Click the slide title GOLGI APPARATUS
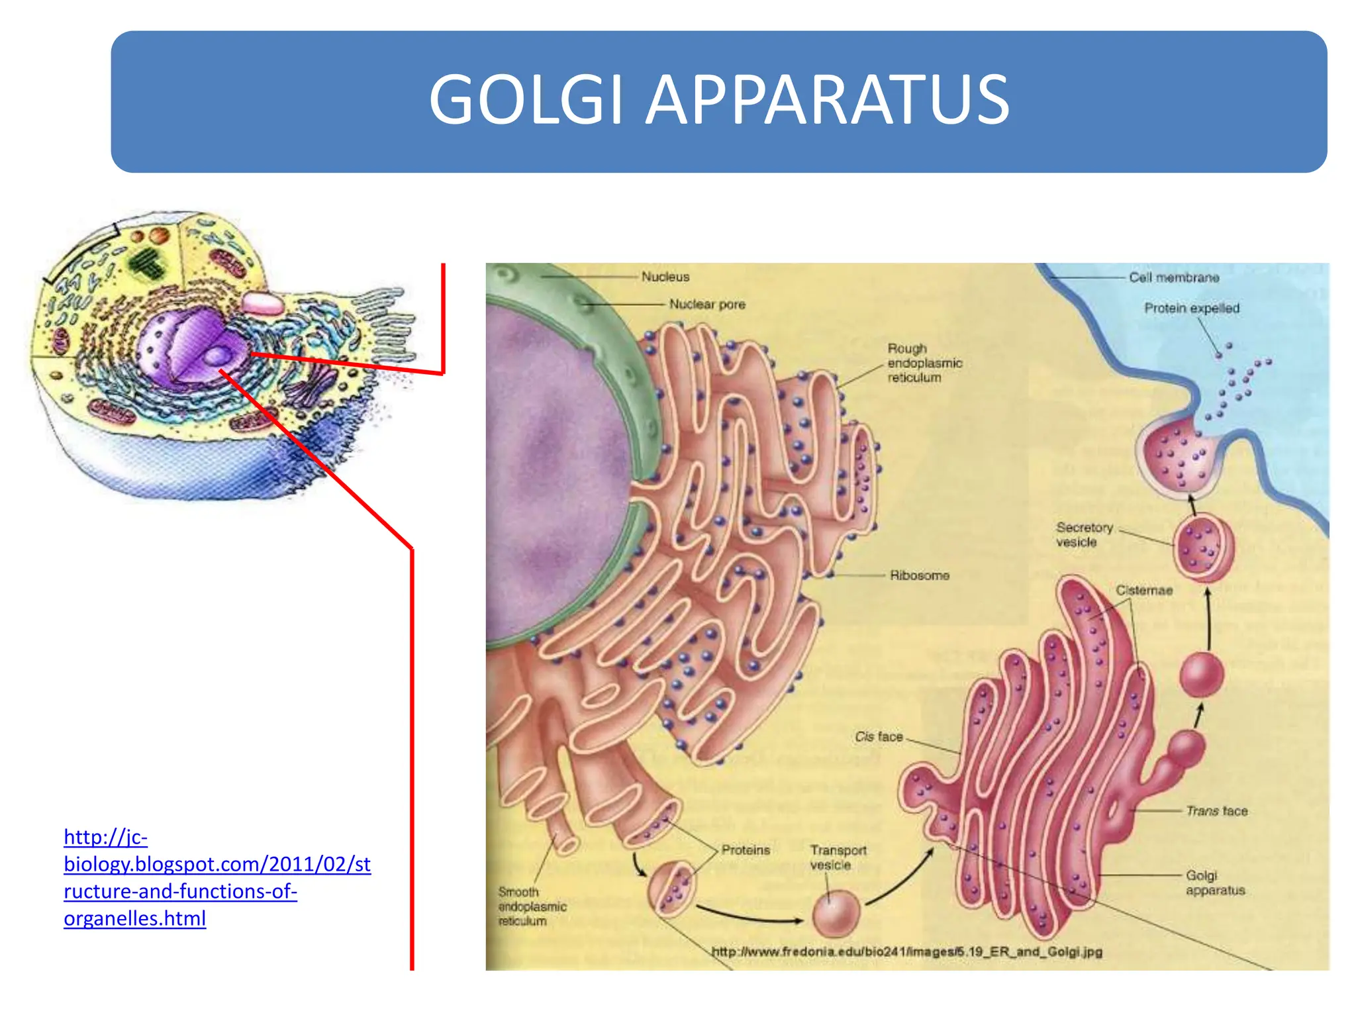pos(719,100)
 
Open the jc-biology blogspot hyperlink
pos(217,877)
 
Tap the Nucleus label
pos(665,277)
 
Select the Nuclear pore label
pos(707,304)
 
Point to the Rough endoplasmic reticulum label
pos(924,363)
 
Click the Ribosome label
pos(919,575)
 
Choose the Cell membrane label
pos(1174,277)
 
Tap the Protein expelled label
pos(1192,308)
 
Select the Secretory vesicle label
pos(1085,535)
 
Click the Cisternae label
pos(1144,590)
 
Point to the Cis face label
pos(879,736)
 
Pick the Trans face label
pos(1217,810)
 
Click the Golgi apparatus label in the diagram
pos(1215,883)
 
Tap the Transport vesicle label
pos(838,857)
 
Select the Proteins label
pos(746,849)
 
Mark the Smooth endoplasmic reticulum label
pos(532,906)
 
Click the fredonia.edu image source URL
pos(907,951)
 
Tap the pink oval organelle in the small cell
pos(262,303)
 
